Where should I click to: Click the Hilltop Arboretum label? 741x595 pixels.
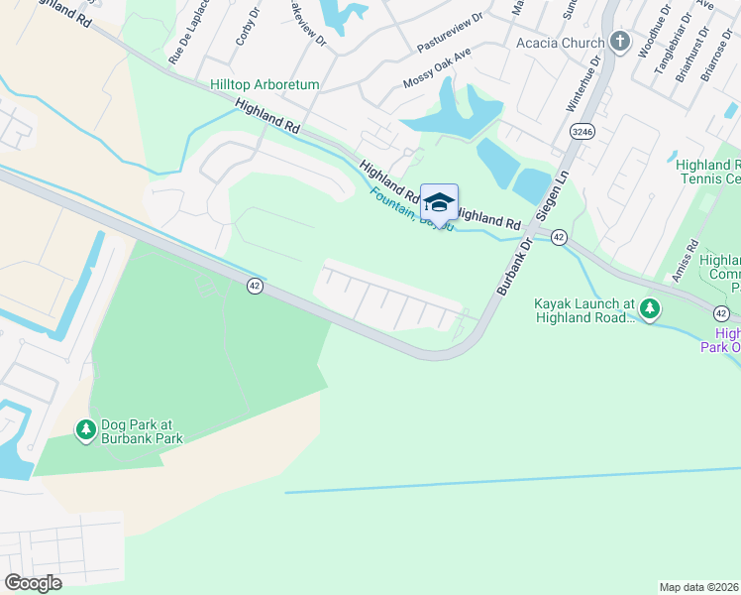(x=265, y=85)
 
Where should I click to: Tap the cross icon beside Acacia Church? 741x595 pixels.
(x=621, y=42)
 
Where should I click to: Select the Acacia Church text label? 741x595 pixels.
(x=560, y=43)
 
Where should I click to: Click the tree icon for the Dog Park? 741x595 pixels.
(x=86, y=429)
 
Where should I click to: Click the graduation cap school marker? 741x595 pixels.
(x=439, y=203)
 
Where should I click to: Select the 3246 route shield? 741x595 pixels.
(x=582, y=131)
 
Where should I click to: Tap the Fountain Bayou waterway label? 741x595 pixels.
(x=411, y=209)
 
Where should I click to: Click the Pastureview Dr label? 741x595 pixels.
(x=450, y=33)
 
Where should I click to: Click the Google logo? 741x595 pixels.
(x=34, y=583)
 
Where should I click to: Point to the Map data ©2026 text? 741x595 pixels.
(x=699, y=587)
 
